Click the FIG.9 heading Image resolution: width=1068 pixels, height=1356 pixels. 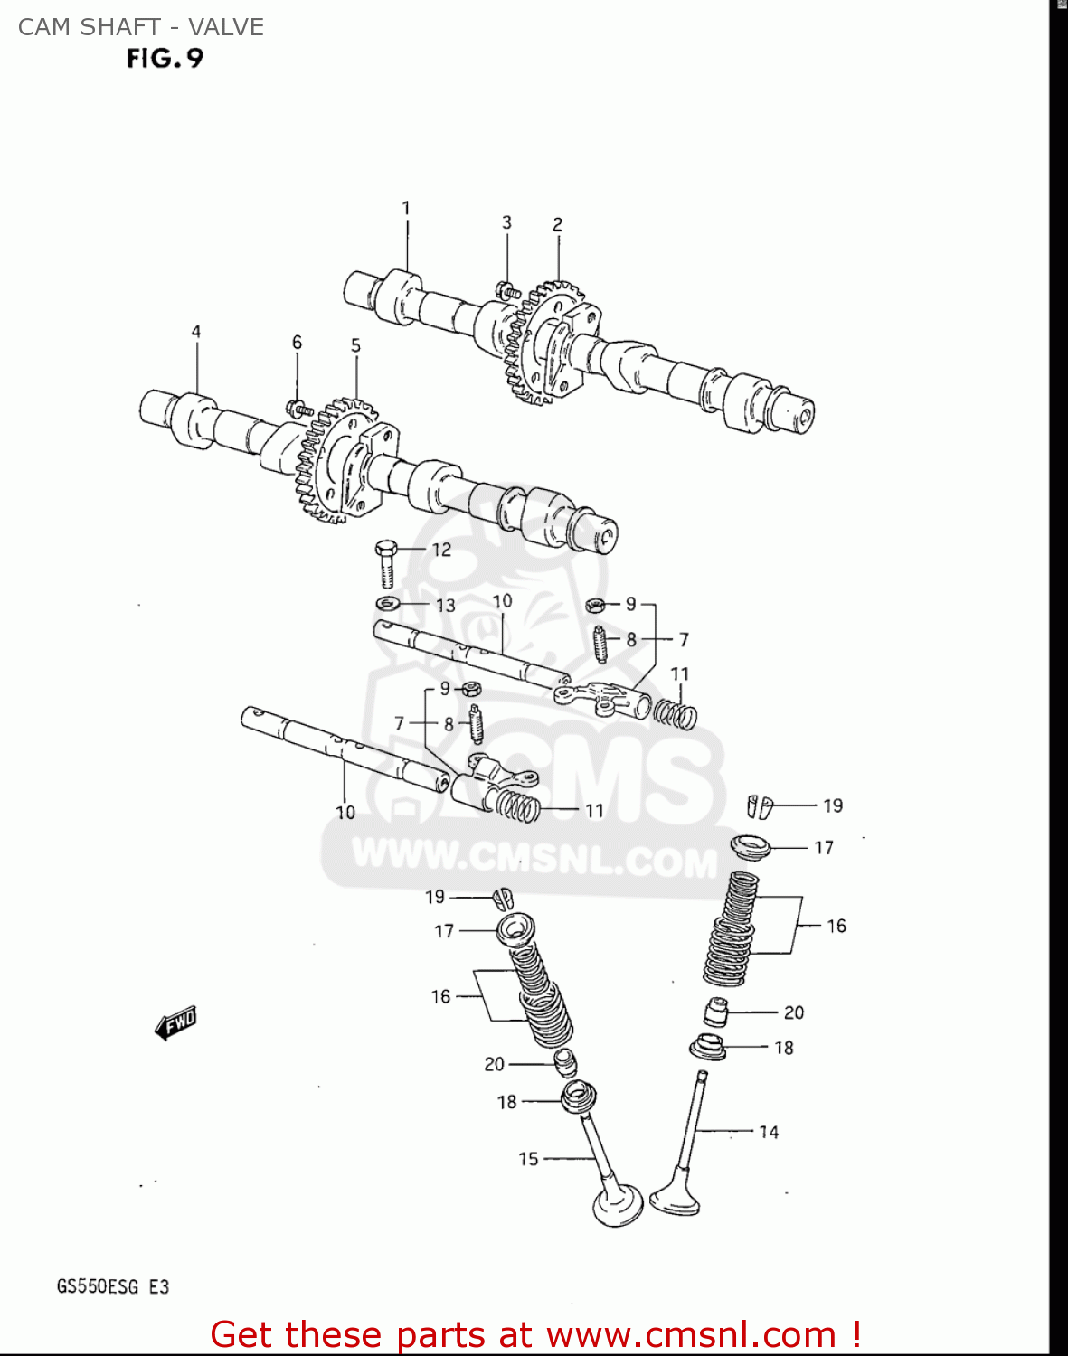(165, 59)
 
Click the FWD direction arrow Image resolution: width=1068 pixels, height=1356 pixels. (175, 1022)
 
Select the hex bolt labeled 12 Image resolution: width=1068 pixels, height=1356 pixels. (386, 562)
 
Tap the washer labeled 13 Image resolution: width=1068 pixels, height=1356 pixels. (388, 603)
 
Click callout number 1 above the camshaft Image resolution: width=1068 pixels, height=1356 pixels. (406, 209)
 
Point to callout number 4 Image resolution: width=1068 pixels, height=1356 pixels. (196, 332)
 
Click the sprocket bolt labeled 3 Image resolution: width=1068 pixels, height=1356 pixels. (506, 290)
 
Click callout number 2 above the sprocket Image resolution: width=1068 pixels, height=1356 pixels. (558, 224)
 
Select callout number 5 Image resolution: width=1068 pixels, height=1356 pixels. (355, 345)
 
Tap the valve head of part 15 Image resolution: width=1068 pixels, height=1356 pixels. (618, 1205)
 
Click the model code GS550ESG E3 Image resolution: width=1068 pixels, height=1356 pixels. (113, 1286)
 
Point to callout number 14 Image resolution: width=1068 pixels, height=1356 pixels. (769, 1132)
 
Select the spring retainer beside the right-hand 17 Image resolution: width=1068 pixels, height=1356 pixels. (751, 847)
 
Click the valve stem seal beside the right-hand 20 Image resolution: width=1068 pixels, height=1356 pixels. (716, 1012)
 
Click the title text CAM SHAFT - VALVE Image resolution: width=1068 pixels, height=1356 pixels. (141, 27)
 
